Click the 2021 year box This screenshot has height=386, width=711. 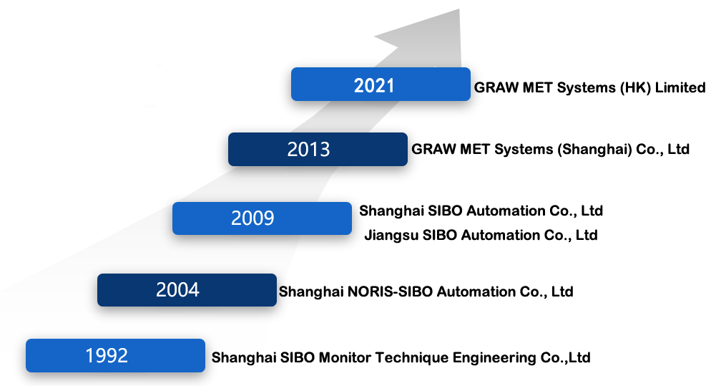point(381,85)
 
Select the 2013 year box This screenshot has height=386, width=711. point(318,150)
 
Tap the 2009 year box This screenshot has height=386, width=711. point(262,218)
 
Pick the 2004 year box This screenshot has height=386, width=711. point(187,290)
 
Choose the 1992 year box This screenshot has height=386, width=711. point(115,356)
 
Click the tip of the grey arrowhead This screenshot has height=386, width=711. point(459,9)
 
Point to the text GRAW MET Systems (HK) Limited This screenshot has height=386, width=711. point(589,87)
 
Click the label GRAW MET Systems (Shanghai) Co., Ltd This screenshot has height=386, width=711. point(550,149)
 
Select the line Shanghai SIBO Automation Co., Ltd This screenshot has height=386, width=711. point(481,211)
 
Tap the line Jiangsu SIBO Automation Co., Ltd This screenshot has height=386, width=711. point(481,235)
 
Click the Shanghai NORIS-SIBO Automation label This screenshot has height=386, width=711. point(426,291)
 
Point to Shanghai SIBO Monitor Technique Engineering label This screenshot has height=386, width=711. point(401,357)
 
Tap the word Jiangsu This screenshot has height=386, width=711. point(391,236)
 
